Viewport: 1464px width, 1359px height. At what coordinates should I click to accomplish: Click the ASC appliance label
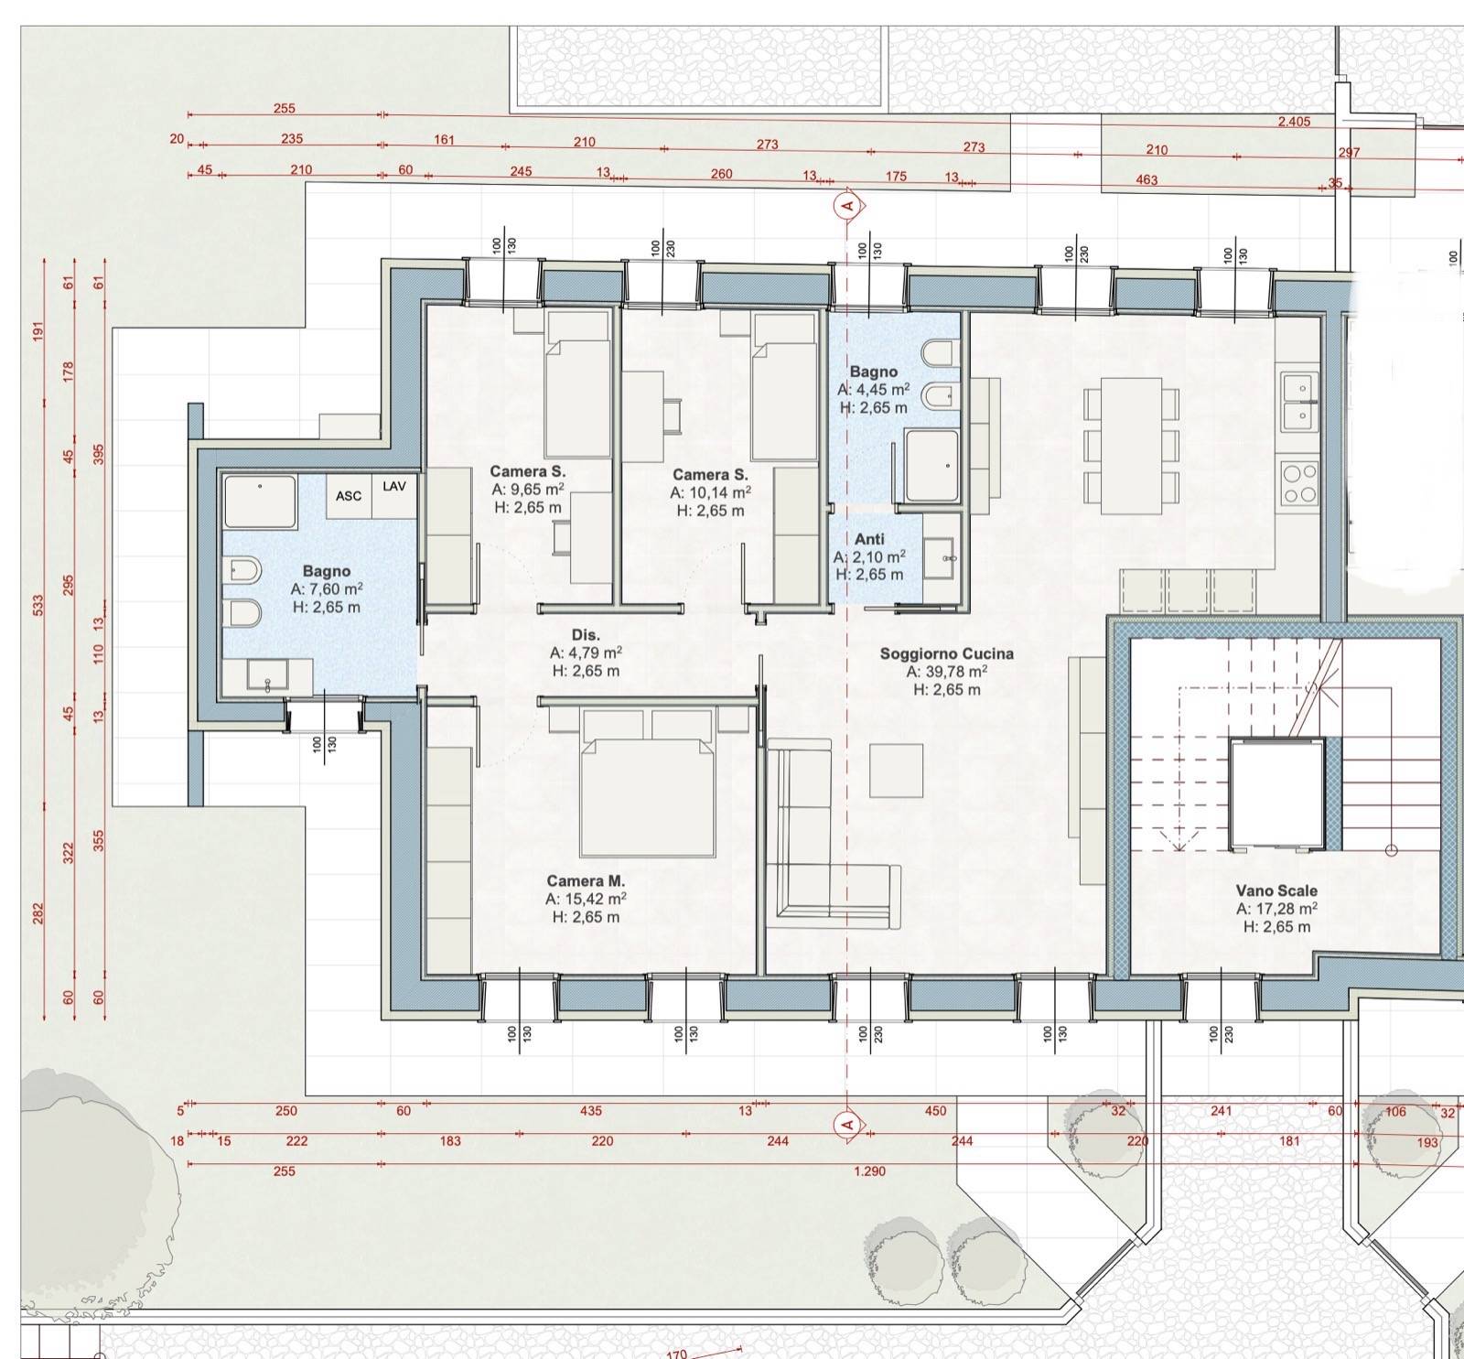[x=349, y=496]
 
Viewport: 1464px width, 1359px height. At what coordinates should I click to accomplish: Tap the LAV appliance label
[x=394, y=486]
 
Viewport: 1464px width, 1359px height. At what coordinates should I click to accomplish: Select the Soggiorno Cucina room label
[x=947, y=653]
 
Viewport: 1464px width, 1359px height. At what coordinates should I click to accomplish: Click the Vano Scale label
[x=1276, y=890]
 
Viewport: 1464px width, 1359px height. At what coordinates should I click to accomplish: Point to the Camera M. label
[x=586, y=881]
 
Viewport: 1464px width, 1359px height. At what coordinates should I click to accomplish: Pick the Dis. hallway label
[x=586, y=635]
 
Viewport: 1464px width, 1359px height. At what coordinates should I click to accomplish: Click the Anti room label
[x=869, y=539]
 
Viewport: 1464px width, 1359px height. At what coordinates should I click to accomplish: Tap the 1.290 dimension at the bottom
[x=869, y=1171]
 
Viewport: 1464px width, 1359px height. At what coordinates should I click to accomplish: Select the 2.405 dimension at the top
[x=1294, y=122]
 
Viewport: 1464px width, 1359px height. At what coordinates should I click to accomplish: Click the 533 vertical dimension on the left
[x=39, y=605]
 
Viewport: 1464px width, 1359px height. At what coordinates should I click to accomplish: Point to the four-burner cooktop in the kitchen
[x=1299, y=484]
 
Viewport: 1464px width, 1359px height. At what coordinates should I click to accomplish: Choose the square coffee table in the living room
[x=896, y=771]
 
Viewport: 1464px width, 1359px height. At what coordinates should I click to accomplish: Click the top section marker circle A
[x=847, y=205]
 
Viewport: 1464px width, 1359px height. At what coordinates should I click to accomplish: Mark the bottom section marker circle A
[x=847, y=1124]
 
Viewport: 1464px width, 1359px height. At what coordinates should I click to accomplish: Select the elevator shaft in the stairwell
[x=1277, y=793]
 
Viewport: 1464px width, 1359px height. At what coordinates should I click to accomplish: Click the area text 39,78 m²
[x=947, y=672]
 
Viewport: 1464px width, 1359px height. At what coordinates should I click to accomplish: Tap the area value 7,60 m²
[x=327, y=589]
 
